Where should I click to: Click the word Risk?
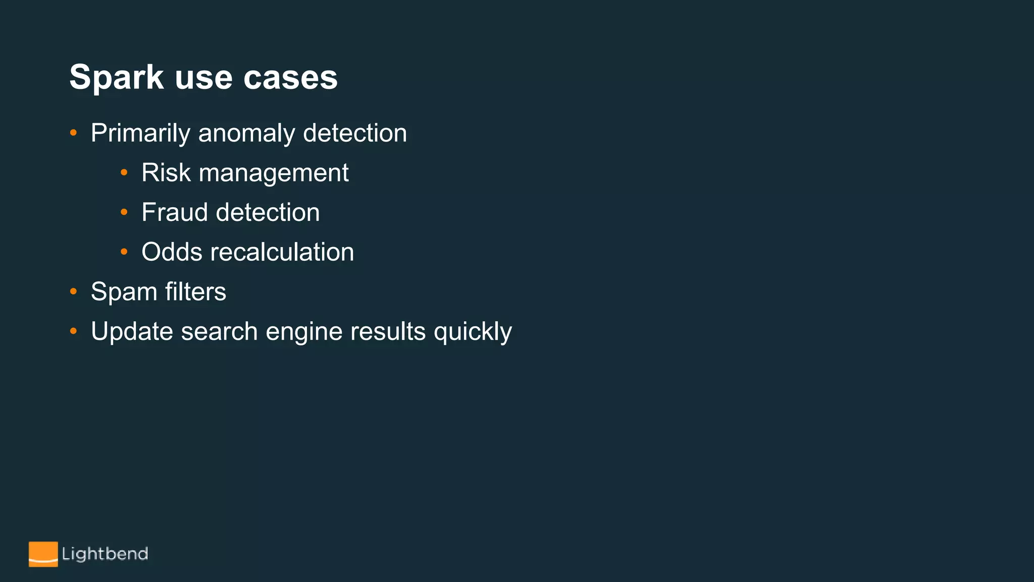[x=166, y=173]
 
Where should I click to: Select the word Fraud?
[x=175, y=212]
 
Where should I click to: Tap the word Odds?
[x=172, y=252]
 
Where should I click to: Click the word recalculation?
[x=282, y=252]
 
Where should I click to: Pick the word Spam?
[x=124, y=292]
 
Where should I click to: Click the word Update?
[x=132, y=331]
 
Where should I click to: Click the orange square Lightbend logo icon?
[x=43, y=554]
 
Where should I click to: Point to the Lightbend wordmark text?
[x=105, y=554]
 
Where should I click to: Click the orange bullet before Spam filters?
[x=74, y=292]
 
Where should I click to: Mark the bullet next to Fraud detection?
[x=124, y=212]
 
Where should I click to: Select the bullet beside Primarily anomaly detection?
[x=74, y=133]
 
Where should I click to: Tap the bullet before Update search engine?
[x=74, y=331]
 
